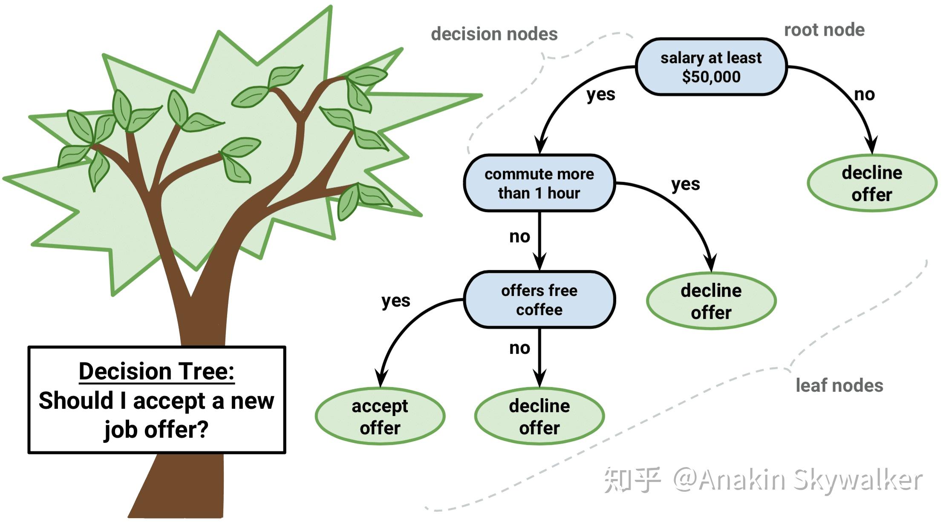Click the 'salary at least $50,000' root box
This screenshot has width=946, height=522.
pyautogui.click(x=711, y=67)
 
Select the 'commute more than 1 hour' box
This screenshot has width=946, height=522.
pyautogui.click(x=539, y=183)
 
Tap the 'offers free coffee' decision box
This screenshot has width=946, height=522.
pyautogui.click(x=539, y=300)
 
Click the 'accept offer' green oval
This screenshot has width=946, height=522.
pyautogui.click(x=380, y=416)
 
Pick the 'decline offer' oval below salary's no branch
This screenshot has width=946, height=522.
pyautogui.click(x=872, y=183)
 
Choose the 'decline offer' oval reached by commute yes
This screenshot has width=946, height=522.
pyautogui.click(x=711, y=301)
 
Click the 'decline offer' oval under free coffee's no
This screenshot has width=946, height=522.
pyautogui.click(x=539, y=416)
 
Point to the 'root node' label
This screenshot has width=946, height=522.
pyautogui.click(x=824, y=30)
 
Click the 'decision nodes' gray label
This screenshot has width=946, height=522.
pyautogui.click(x=494, y=34)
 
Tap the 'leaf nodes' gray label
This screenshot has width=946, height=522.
pyautogui.click(x=839, y=385)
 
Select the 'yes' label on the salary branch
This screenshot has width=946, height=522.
pyautogui.click(x=600, y=95)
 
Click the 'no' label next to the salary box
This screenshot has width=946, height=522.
pyautogui.click(x=864, y=95)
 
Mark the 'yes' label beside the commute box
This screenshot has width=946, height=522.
pyautogui.click(x=685, y=184)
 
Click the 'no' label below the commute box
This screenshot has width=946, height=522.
pyautogui.click(x=519, y=236)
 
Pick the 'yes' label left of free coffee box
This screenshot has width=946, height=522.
pyautogui.click(x=395, y=301)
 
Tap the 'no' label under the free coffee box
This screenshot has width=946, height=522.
pyautogui.click(x=519, y=348)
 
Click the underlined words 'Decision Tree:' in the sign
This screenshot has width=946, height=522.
pyautogui.click(x=156, y=371)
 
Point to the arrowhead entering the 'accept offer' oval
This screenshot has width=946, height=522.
pyautogui.click(x=381, y=378)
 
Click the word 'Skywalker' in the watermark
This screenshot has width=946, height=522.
pyautogui.click(x=857, y=480)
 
